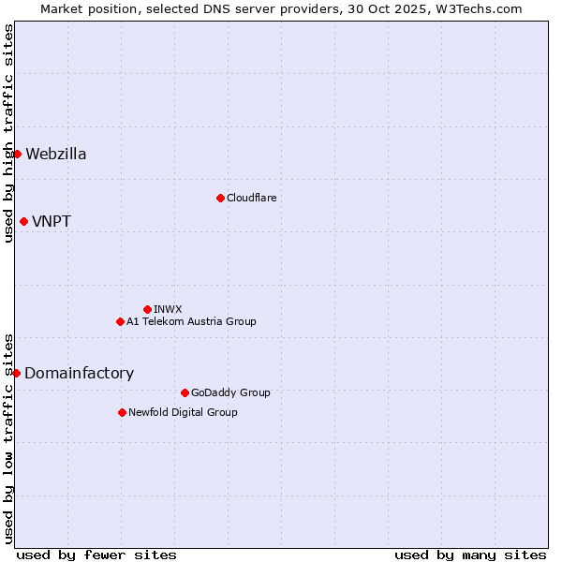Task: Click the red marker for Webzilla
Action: (17, 154)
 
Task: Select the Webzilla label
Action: (56, 155)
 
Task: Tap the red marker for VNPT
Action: (23, 221)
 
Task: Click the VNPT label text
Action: (52, 222)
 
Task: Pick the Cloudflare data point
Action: (220, 198)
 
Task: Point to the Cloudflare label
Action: (251, 198)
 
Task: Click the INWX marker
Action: (147, 309)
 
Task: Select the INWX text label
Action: (168, 309)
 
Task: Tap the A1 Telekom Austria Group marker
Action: (120, 321)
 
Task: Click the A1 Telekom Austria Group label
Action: (191, 321)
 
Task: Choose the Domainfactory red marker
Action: (16, 373)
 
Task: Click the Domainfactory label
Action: (79, 374)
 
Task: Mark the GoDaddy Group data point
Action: (185, 392)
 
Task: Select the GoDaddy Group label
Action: (230, 392)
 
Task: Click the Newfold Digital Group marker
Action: (122, 412)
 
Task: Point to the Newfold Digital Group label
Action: (183, 412)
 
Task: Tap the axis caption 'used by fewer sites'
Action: (96, 555)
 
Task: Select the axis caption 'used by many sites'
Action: (470, 555)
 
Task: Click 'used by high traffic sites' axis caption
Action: (8, 133)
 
